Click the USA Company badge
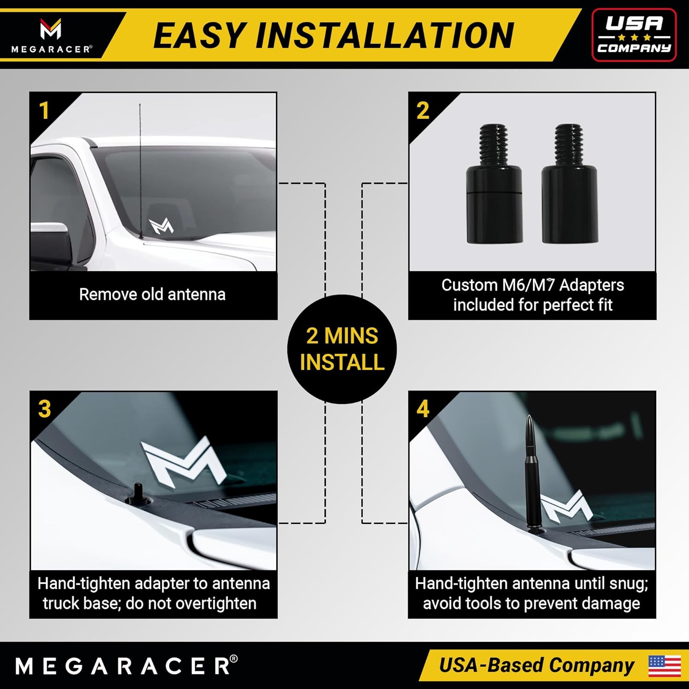(x=634, y=35)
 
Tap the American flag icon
(x=665, y=666)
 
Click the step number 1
(x=44, y=111)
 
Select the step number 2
(x=423, y=111)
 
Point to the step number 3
(x=45, y=409)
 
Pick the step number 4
(x=423, y=409)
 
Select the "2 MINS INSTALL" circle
(x=342, y=349)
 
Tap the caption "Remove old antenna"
(x=152, y=294)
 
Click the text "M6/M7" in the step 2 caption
(x=528, y=285)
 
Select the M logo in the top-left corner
(x=51, y=29)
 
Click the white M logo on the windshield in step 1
(x=161, y=226)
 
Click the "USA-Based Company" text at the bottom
(x=537, y=666)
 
